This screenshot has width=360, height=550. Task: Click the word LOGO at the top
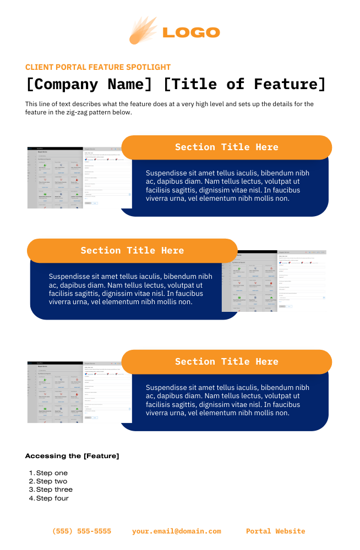[191, 32]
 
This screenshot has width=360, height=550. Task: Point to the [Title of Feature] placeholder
[245, 84]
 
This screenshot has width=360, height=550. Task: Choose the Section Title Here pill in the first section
[226, 147]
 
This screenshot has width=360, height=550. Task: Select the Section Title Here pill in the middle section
[132, 251]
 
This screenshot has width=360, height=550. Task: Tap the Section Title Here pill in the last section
[226, 362]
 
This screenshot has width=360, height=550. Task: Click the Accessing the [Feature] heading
[72, 456]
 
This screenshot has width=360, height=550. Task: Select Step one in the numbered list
[52, 473]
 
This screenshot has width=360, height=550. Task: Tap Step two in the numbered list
[52, 481]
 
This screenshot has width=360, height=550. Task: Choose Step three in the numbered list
[54, 490]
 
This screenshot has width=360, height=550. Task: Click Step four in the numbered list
[52, 498]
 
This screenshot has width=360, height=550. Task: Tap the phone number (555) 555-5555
[81, 531]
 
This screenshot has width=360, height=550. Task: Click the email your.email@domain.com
[176, 531]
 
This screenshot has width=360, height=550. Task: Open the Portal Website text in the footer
[275, 531]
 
